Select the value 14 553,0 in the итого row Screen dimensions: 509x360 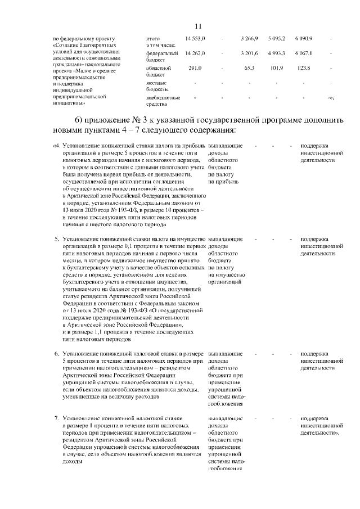195,38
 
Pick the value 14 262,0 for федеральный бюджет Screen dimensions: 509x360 195,53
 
